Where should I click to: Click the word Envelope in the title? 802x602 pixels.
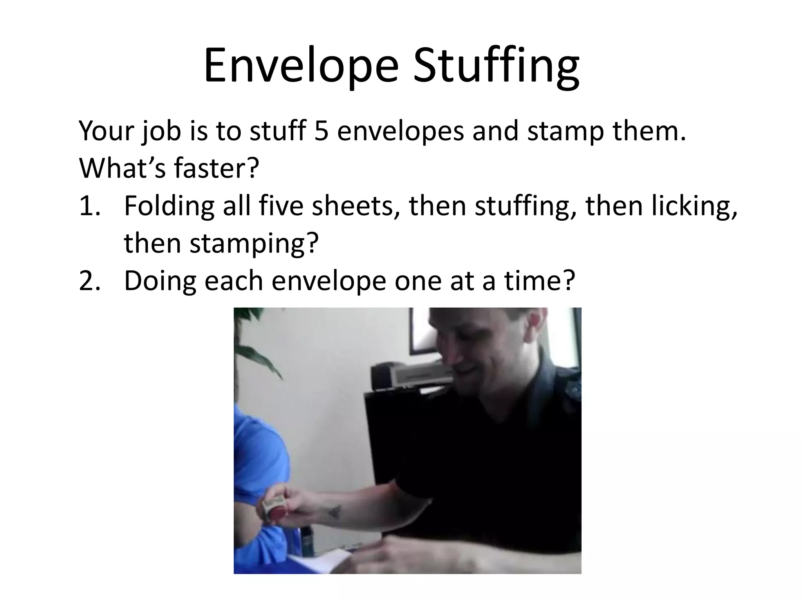pos(301,66)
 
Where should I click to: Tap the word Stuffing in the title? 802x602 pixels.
pos(496,66)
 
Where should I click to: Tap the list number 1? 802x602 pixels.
pos(90,206)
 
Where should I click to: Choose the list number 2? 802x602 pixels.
pos(90,281)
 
